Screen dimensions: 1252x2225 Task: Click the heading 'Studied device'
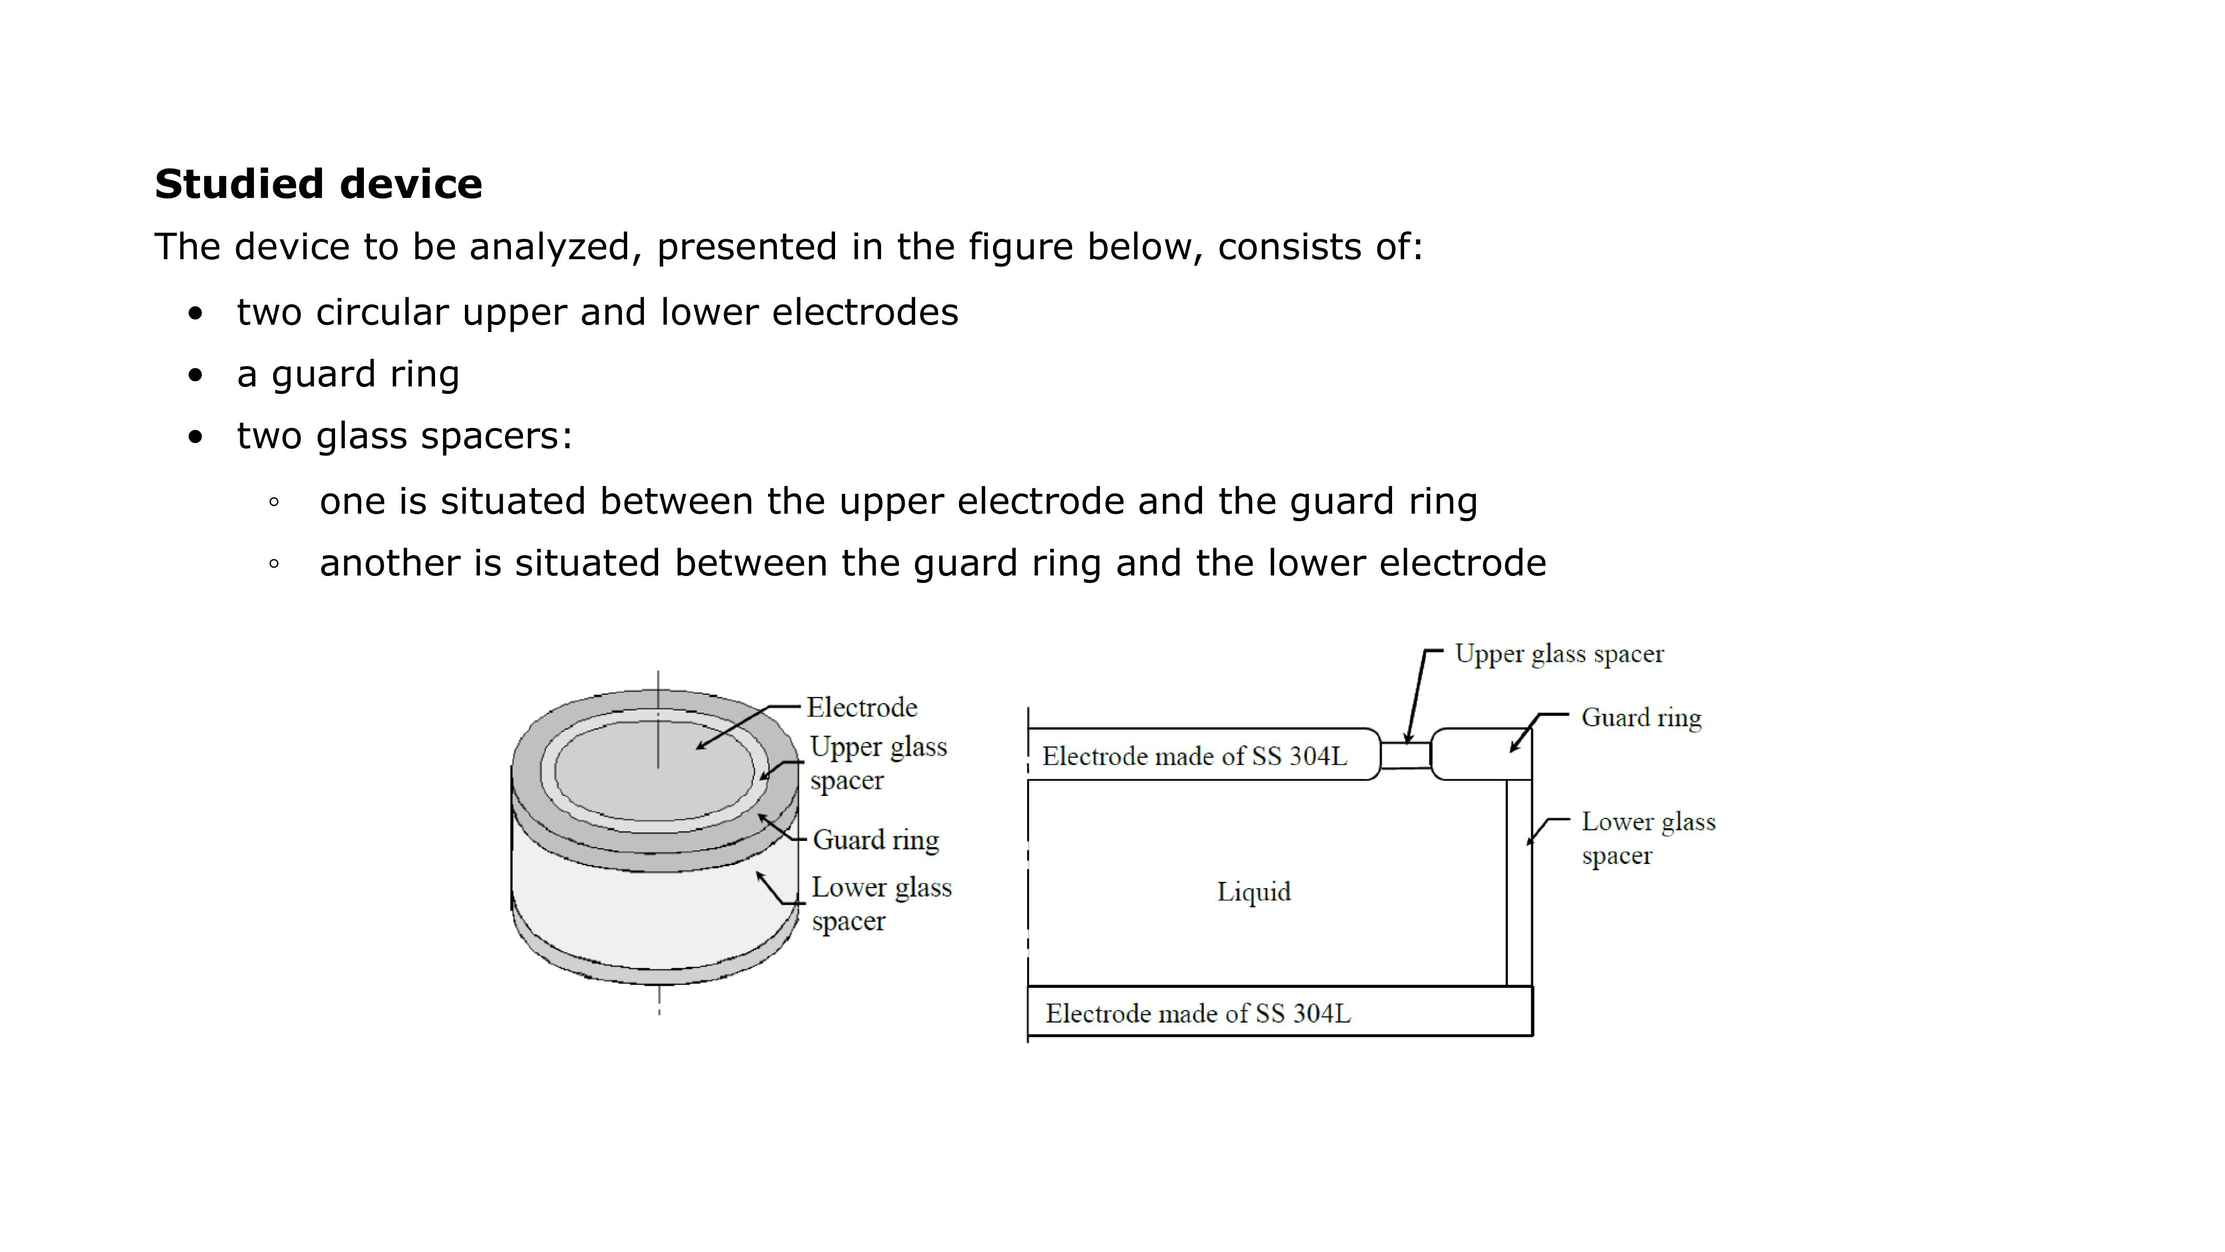pos(318,184)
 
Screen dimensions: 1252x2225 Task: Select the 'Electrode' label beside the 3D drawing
pos(861,707)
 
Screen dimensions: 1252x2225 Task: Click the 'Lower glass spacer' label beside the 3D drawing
pos(881,904)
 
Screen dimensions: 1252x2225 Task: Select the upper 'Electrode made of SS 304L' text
pos(1194,757)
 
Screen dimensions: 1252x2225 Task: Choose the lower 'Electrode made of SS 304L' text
pos(1197,1014)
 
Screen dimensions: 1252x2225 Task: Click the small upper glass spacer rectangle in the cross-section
pos(1405,755)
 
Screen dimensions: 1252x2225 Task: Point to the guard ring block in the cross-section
pos(1479,755)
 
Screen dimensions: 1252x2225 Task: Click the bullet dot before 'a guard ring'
pos(196,375)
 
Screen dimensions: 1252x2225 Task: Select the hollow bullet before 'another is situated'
pos(274,563)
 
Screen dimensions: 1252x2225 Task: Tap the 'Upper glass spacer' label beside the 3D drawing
pos(877,763)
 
